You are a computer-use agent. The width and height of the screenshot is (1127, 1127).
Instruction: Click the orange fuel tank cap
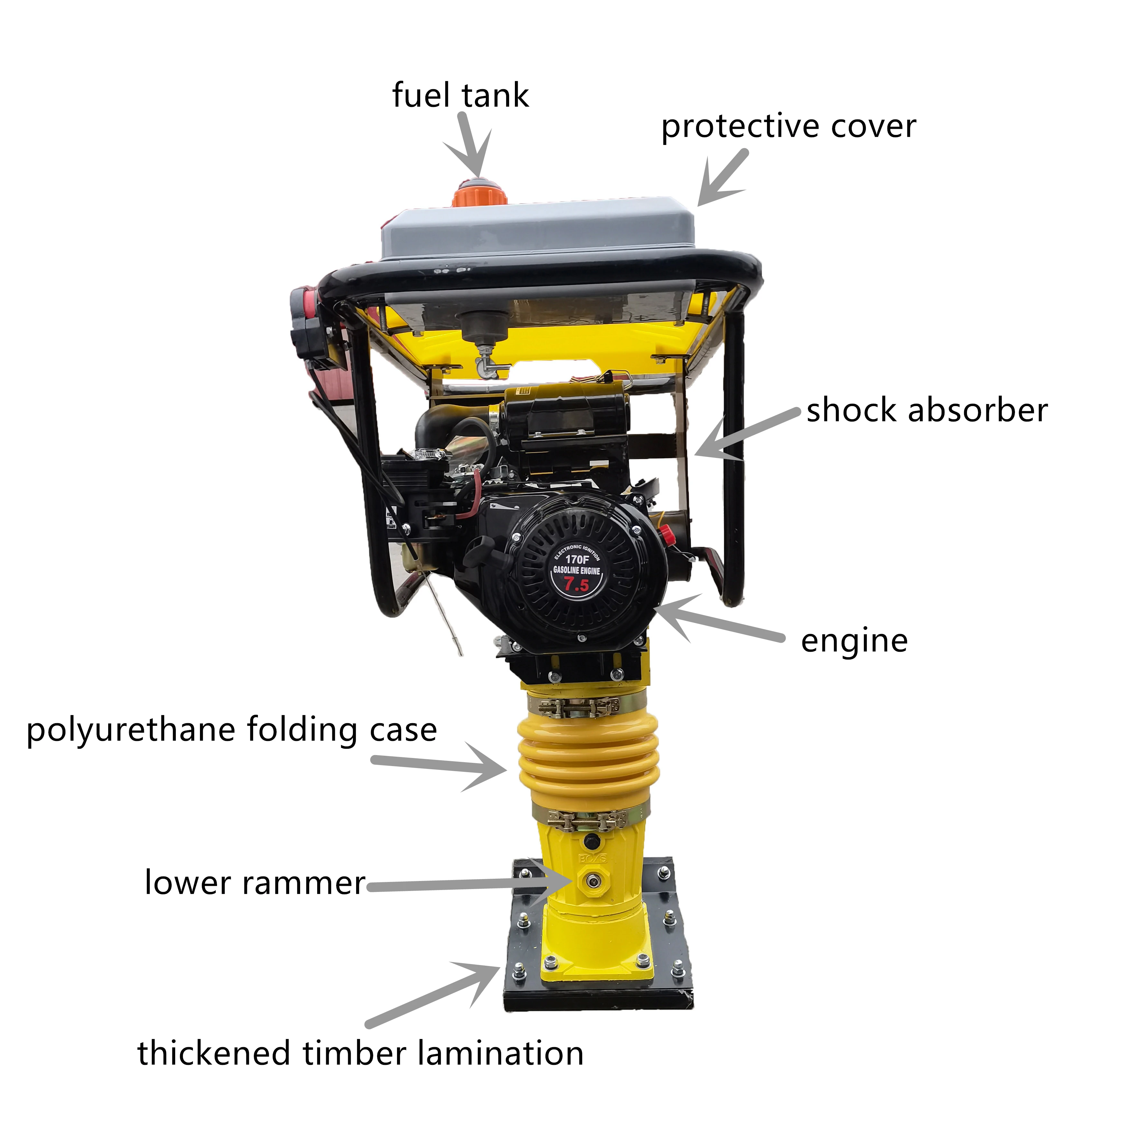click(x=478, y=193)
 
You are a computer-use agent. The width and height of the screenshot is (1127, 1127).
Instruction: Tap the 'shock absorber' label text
click(x=926, y=411)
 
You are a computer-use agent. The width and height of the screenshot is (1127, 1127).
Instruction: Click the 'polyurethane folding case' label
click(x=232, y=730)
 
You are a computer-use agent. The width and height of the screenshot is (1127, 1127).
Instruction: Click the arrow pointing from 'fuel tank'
click(x=471, y=146)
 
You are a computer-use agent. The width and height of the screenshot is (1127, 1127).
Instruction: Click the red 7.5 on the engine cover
click(x=576, y=584)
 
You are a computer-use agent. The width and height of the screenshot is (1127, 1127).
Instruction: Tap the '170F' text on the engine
click(x=577, y=559)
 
